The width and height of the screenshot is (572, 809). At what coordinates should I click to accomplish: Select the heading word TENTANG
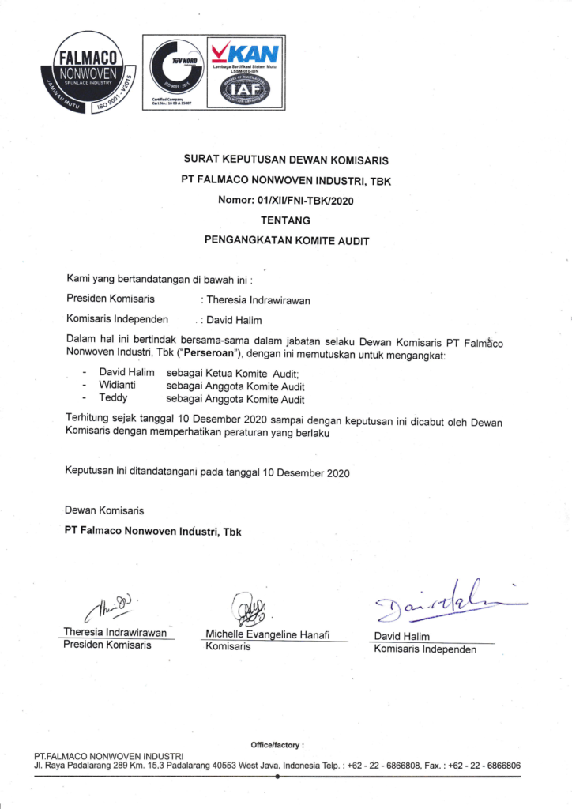[285, 220]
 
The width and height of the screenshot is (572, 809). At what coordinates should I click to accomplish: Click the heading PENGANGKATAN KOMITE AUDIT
[286, 240]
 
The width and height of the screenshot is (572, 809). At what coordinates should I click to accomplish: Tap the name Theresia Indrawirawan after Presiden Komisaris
[259, 300]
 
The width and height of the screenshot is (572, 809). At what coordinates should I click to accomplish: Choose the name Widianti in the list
[118, 386]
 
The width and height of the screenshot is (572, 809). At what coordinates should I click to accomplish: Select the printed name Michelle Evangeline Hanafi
[267, 634]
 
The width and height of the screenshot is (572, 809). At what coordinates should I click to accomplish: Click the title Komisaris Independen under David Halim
[425, 649]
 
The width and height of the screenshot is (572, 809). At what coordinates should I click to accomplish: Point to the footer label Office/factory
[277, 745]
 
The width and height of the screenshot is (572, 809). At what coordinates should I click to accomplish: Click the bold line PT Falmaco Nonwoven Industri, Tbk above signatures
[153, 532]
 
